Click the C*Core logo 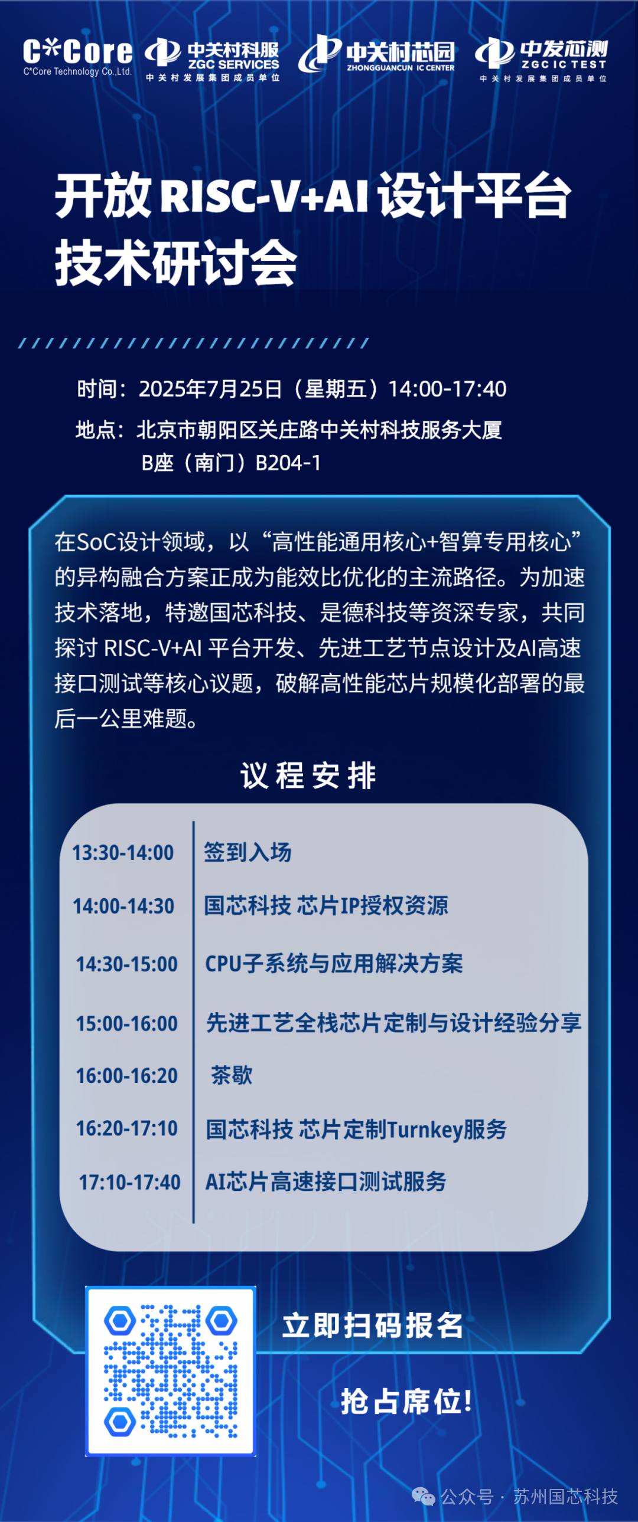pos(77,57)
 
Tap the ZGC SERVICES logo pos(212,60)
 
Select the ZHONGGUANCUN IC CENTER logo pos(377,54)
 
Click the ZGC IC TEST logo pos(542,59)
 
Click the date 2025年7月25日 pos(210,389)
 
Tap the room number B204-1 pos(288,463)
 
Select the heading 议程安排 pos(308,775)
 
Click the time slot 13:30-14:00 pos(123,853)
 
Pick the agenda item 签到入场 pos(248,852)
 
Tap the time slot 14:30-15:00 pos(126,964)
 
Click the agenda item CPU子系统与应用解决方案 pos(334,964)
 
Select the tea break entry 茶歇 pos(232,1075)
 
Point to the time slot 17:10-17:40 pos(129,1182)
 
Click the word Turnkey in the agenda pos(425,1130)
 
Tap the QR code pos(171,1371)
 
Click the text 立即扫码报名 pos(373,1325)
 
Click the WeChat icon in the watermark pos(424,1497)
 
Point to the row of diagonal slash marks pos(194,343)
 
